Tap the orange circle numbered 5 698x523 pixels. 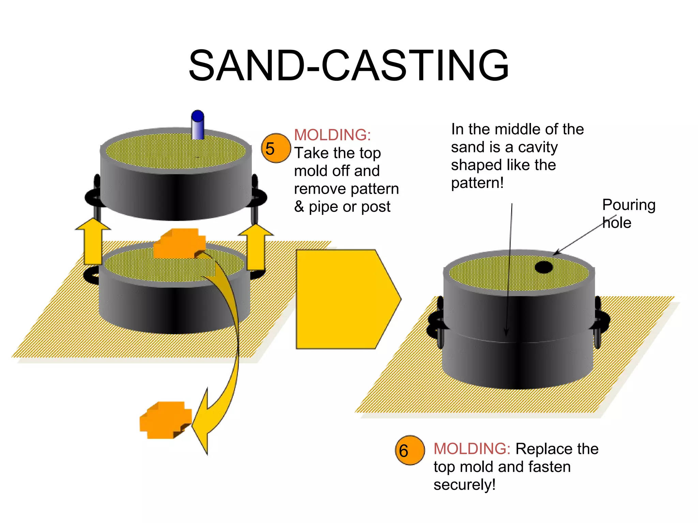coord(276,148)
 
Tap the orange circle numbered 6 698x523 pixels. coord(410,450)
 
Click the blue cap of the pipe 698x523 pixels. coord(198,116)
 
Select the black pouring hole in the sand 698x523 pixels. coord(544,267)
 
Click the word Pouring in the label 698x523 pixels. coord(628,205)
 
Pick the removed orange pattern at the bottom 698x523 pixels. coord(166,420)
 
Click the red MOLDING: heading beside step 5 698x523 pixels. coord(332,135)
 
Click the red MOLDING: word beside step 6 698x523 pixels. coord(472,449)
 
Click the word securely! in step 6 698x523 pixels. coord(465,485)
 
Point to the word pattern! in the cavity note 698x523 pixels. coord(477,183)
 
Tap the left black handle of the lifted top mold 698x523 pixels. coord(93,196)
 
